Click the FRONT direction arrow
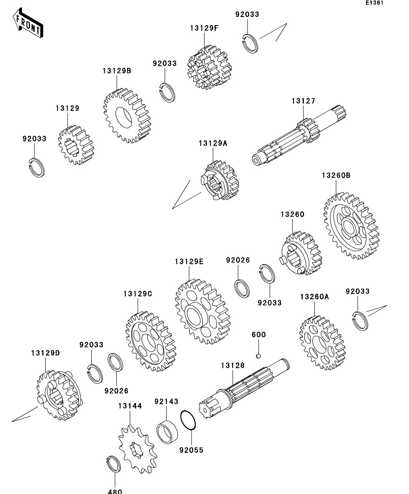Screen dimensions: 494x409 28,24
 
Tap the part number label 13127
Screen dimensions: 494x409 303,101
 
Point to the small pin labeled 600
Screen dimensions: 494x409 258,356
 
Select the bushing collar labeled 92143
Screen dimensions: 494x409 167,430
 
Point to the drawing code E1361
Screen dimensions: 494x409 375,3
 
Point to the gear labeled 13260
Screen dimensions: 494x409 299,254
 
